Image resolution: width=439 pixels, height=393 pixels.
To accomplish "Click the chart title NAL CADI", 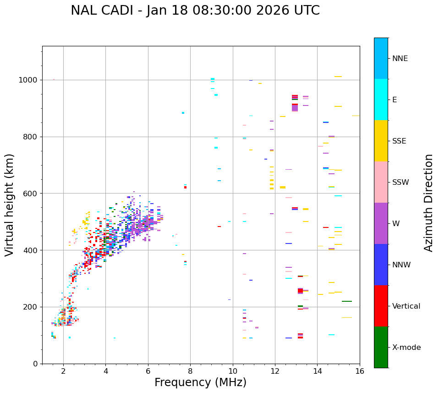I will tap(195, 11).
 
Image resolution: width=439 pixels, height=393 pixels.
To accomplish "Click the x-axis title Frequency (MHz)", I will tap(200, 382).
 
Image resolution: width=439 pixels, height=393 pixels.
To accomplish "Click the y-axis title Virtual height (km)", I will tap(10, 205).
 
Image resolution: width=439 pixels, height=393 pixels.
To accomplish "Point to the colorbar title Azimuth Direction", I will tap(428, 203).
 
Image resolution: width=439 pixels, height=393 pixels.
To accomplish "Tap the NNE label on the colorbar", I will tap(400, 59).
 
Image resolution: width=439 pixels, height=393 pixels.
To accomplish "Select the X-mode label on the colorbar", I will tap(406, 348).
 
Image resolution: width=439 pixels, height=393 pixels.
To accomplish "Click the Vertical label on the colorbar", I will tap(406, 306).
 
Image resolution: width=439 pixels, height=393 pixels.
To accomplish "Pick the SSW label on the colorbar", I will tap(401, 183).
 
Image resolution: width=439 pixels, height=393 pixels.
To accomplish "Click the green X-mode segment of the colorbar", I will tap(381, 347).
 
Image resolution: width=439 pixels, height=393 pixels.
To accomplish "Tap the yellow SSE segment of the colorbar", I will tap(381, 141).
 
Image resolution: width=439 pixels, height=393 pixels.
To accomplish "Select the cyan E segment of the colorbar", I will tap(381, 100).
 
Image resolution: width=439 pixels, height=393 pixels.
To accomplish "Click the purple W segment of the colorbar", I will tap(381, 223).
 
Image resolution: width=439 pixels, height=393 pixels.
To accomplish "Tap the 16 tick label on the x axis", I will tap(360, 371).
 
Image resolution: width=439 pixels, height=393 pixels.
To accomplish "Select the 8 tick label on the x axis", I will tap(190, 371).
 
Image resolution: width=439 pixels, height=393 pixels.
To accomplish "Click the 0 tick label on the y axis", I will tap(35, 364).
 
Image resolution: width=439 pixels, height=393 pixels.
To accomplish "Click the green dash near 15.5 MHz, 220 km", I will tap(347, 301).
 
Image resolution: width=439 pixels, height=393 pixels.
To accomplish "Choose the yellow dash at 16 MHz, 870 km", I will tap(356, 116).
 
